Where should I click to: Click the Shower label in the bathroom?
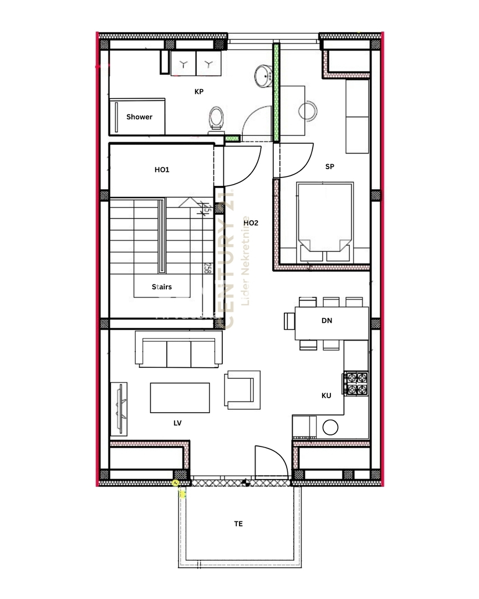139,117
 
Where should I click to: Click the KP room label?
198,92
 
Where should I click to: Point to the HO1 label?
162,170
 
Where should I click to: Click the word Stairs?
162,287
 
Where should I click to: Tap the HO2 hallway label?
251,223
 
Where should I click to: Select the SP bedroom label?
330,166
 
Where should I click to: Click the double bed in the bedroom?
325,219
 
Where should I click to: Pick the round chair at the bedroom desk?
308,111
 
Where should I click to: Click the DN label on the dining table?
327,321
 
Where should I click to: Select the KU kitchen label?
327,395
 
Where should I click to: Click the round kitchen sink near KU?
331,427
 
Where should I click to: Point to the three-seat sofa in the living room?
179,349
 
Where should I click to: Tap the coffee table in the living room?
180,398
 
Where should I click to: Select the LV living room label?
177,423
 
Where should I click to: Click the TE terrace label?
238,524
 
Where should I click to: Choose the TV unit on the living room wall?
120,409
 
